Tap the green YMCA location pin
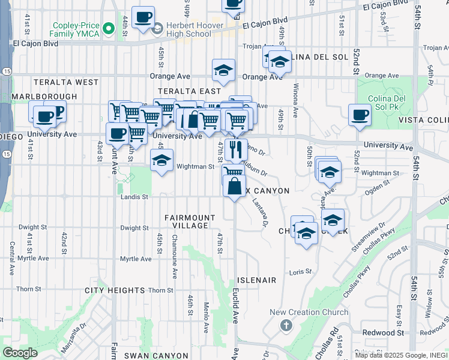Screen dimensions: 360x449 (109, 28)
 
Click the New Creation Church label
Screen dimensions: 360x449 (309, 312)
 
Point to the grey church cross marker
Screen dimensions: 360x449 (286, 325)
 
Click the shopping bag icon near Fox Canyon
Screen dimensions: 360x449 (234, 186)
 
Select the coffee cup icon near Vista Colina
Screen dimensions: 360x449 (360, 115)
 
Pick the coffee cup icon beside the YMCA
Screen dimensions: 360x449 (143, 17)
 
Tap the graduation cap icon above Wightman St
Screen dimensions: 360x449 (161, 160)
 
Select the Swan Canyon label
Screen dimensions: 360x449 (152, 356)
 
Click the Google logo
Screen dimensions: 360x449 (20, 353)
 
